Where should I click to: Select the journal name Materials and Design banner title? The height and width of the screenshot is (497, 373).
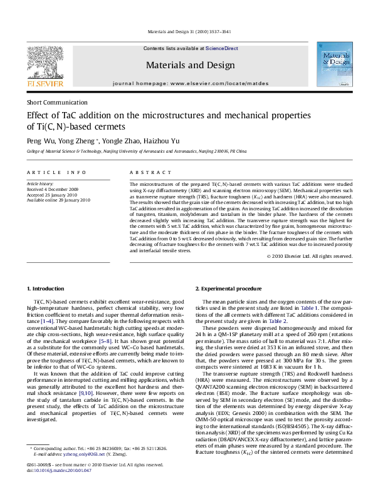point(186,64)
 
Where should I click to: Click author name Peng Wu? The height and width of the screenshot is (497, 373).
point(41,141)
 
